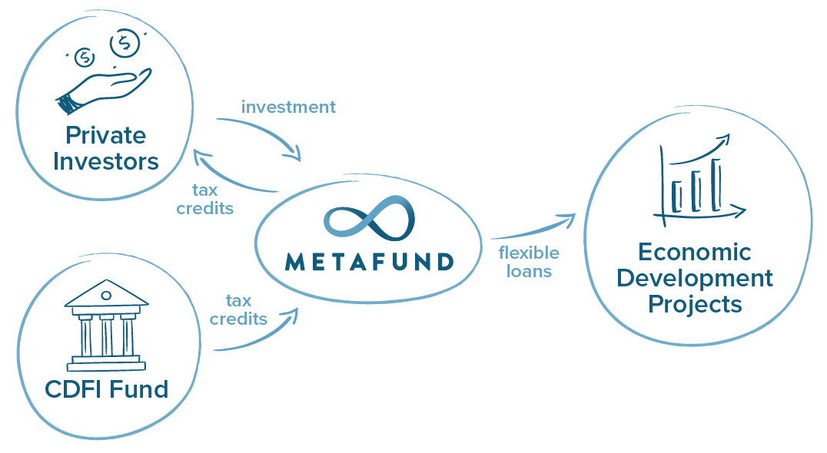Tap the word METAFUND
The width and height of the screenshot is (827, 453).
click(x=370, y=263)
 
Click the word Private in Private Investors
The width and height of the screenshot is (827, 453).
click(x=105, y=136)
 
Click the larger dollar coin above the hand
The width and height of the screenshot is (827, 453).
click(x=121, y=43)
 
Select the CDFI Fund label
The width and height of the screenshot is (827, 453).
click(x=106, y=389)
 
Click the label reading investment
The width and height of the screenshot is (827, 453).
click(x=288, y=107)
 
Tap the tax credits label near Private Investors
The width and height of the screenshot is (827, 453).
click(x=204, y=199)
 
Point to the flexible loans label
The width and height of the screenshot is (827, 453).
click(x=529, y=262)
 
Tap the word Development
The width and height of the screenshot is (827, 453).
click(x=695, y=277)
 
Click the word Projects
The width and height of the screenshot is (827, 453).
click(x=695, y=304)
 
